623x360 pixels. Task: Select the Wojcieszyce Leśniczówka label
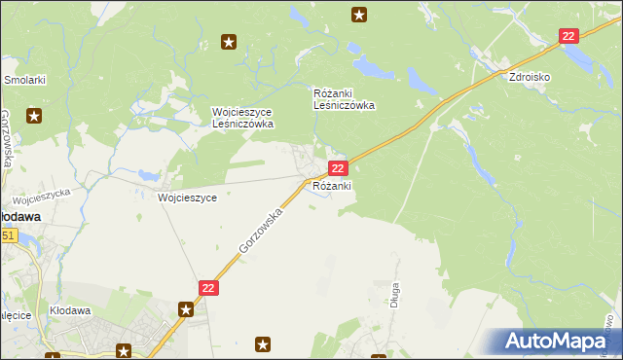tap(243, 118)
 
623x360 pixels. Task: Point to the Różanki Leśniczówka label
tap(344, 99)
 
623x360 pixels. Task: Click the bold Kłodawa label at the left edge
tap(18, 217)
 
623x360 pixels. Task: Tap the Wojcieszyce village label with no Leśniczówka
tap(187, 197)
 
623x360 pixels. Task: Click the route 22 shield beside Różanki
tap(336, 168)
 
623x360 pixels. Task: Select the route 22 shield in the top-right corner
tap(569, 36)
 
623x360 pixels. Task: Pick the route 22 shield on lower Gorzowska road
tap(209, 288)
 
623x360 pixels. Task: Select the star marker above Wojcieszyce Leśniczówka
tap(229, 42)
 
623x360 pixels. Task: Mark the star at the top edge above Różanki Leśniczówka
tap(359, 15)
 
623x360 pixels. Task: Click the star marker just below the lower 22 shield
tap(186, 309)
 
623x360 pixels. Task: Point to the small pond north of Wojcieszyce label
tap(149, 175)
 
